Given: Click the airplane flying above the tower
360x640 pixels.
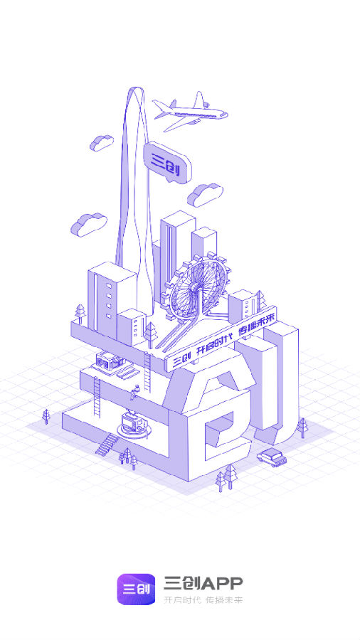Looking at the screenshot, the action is (x=190, y=111).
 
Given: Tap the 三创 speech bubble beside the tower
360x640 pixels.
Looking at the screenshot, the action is (x=167, y=162).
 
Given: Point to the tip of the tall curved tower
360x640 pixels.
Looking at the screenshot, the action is (x=135, y=87).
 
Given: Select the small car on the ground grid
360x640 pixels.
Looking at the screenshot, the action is (x=272, y=457).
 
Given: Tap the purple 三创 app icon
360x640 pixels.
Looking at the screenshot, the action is (x=136, y=589).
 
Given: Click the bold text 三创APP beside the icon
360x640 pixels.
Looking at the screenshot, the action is (x=203, y=583).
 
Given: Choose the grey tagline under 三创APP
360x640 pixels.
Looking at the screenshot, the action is (x=203, y=600).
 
